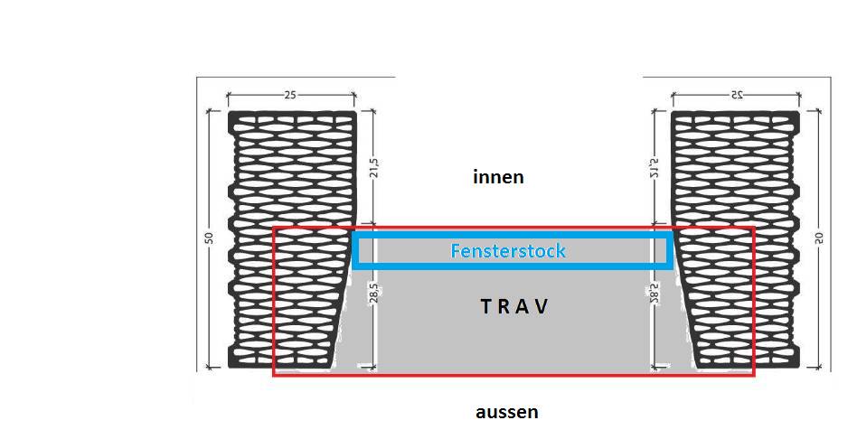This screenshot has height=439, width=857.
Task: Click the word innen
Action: (x=498, y=177)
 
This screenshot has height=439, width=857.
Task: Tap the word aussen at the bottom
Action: (x=506, y=413)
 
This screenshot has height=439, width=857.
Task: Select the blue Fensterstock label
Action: (x=508, y=250)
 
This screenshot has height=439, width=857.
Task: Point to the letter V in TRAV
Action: (x=541, y=306)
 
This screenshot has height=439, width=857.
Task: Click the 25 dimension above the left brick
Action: (x=291, y=94)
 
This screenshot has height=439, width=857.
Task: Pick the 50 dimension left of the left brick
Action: (x=209, y=238)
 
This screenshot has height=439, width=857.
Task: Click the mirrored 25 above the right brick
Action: (x=734, y=94)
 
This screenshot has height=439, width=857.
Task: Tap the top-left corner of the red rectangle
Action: (x=274, y=228)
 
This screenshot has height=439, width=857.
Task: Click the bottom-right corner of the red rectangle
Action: (x=753, y=374)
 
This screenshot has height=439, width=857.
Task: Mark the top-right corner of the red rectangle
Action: (x=753, y=228)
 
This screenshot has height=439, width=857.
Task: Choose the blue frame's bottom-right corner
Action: (x=670, y=266)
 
